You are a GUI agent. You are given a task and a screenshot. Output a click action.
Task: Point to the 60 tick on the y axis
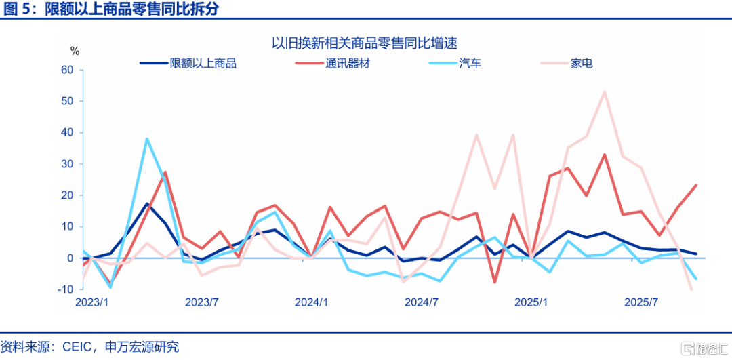[66, 70]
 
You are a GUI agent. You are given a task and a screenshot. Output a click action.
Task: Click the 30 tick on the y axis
[66, 164]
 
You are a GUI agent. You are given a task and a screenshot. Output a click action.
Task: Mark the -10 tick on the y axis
[65, 289]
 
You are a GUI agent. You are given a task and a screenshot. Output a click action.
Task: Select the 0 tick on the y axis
[70, 258]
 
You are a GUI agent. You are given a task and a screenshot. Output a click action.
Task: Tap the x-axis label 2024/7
[422, 302]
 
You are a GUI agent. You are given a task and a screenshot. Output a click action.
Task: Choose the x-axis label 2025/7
[641, 302]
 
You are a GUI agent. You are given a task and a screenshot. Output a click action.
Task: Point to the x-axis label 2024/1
[311, 302]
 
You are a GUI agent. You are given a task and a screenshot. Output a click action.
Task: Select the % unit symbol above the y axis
[75, 51]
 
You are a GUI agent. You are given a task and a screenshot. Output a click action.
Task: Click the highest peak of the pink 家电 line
[604, 92]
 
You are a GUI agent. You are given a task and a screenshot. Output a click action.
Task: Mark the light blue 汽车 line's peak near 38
[147, 139]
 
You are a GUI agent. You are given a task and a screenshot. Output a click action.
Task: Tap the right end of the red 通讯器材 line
[696, 185]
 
